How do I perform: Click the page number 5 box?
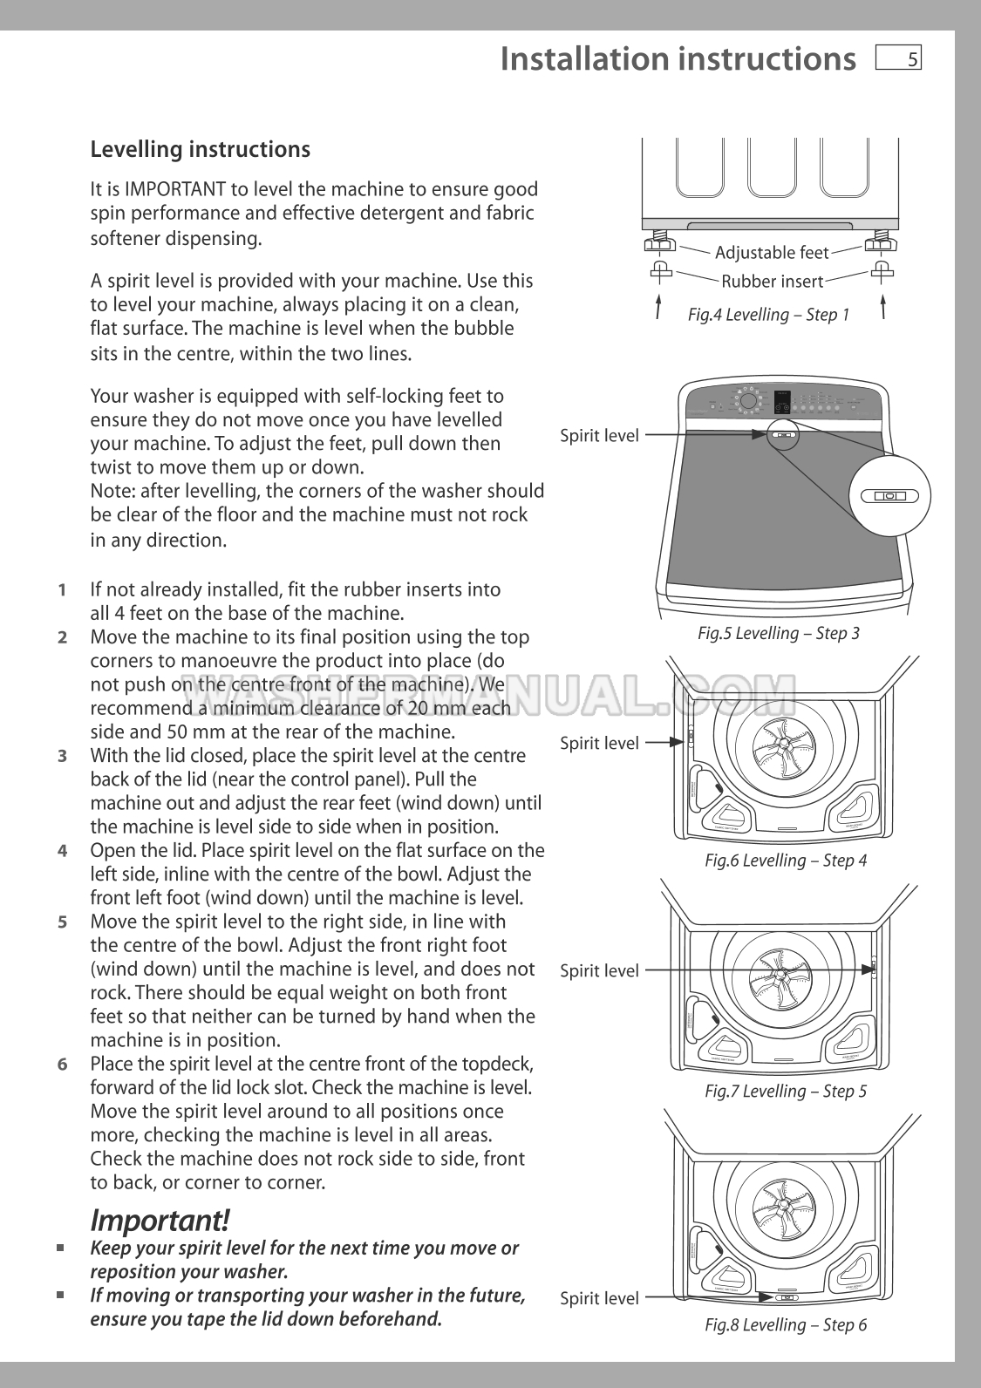tap(899, 59)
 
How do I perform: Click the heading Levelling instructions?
tap(200, 149)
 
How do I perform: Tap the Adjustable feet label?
tap(771, 253)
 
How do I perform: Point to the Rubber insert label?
tap(772, 281)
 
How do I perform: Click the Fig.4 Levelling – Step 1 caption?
tap(768, 314)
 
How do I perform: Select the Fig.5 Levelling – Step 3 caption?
tap(778, 633)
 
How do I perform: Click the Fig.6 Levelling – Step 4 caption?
tap(785, 861)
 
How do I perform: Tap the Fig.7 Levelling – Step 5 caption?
tap(785, 1091)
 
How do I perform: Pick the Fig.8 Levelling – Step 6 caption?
tap(785, 1324)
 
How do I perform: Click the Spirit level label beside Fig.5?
tap(599, 435)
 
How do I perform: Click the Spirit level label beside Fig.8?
tap(599, 1298)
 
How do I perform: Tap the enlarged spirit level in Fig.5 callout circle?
tap(889, 496)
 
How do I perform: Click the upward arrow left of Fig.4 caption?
tap(657, 308)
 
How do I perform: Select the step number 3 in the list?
tap(62, 756)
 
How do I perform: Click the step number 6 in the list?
tap(62, 1064)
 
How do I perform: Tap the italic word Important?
tap(160, 1219)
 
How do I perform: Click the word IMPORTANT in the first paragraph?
tap(174, 189)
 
